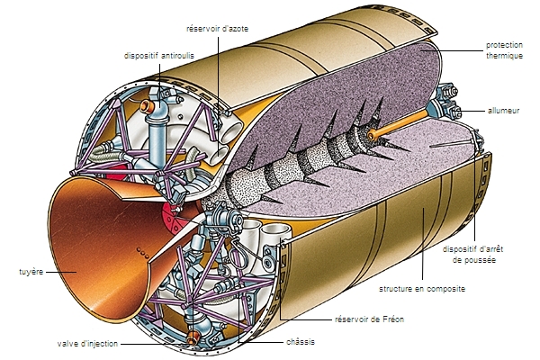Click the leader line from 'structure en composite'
[x=420, y=270]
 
